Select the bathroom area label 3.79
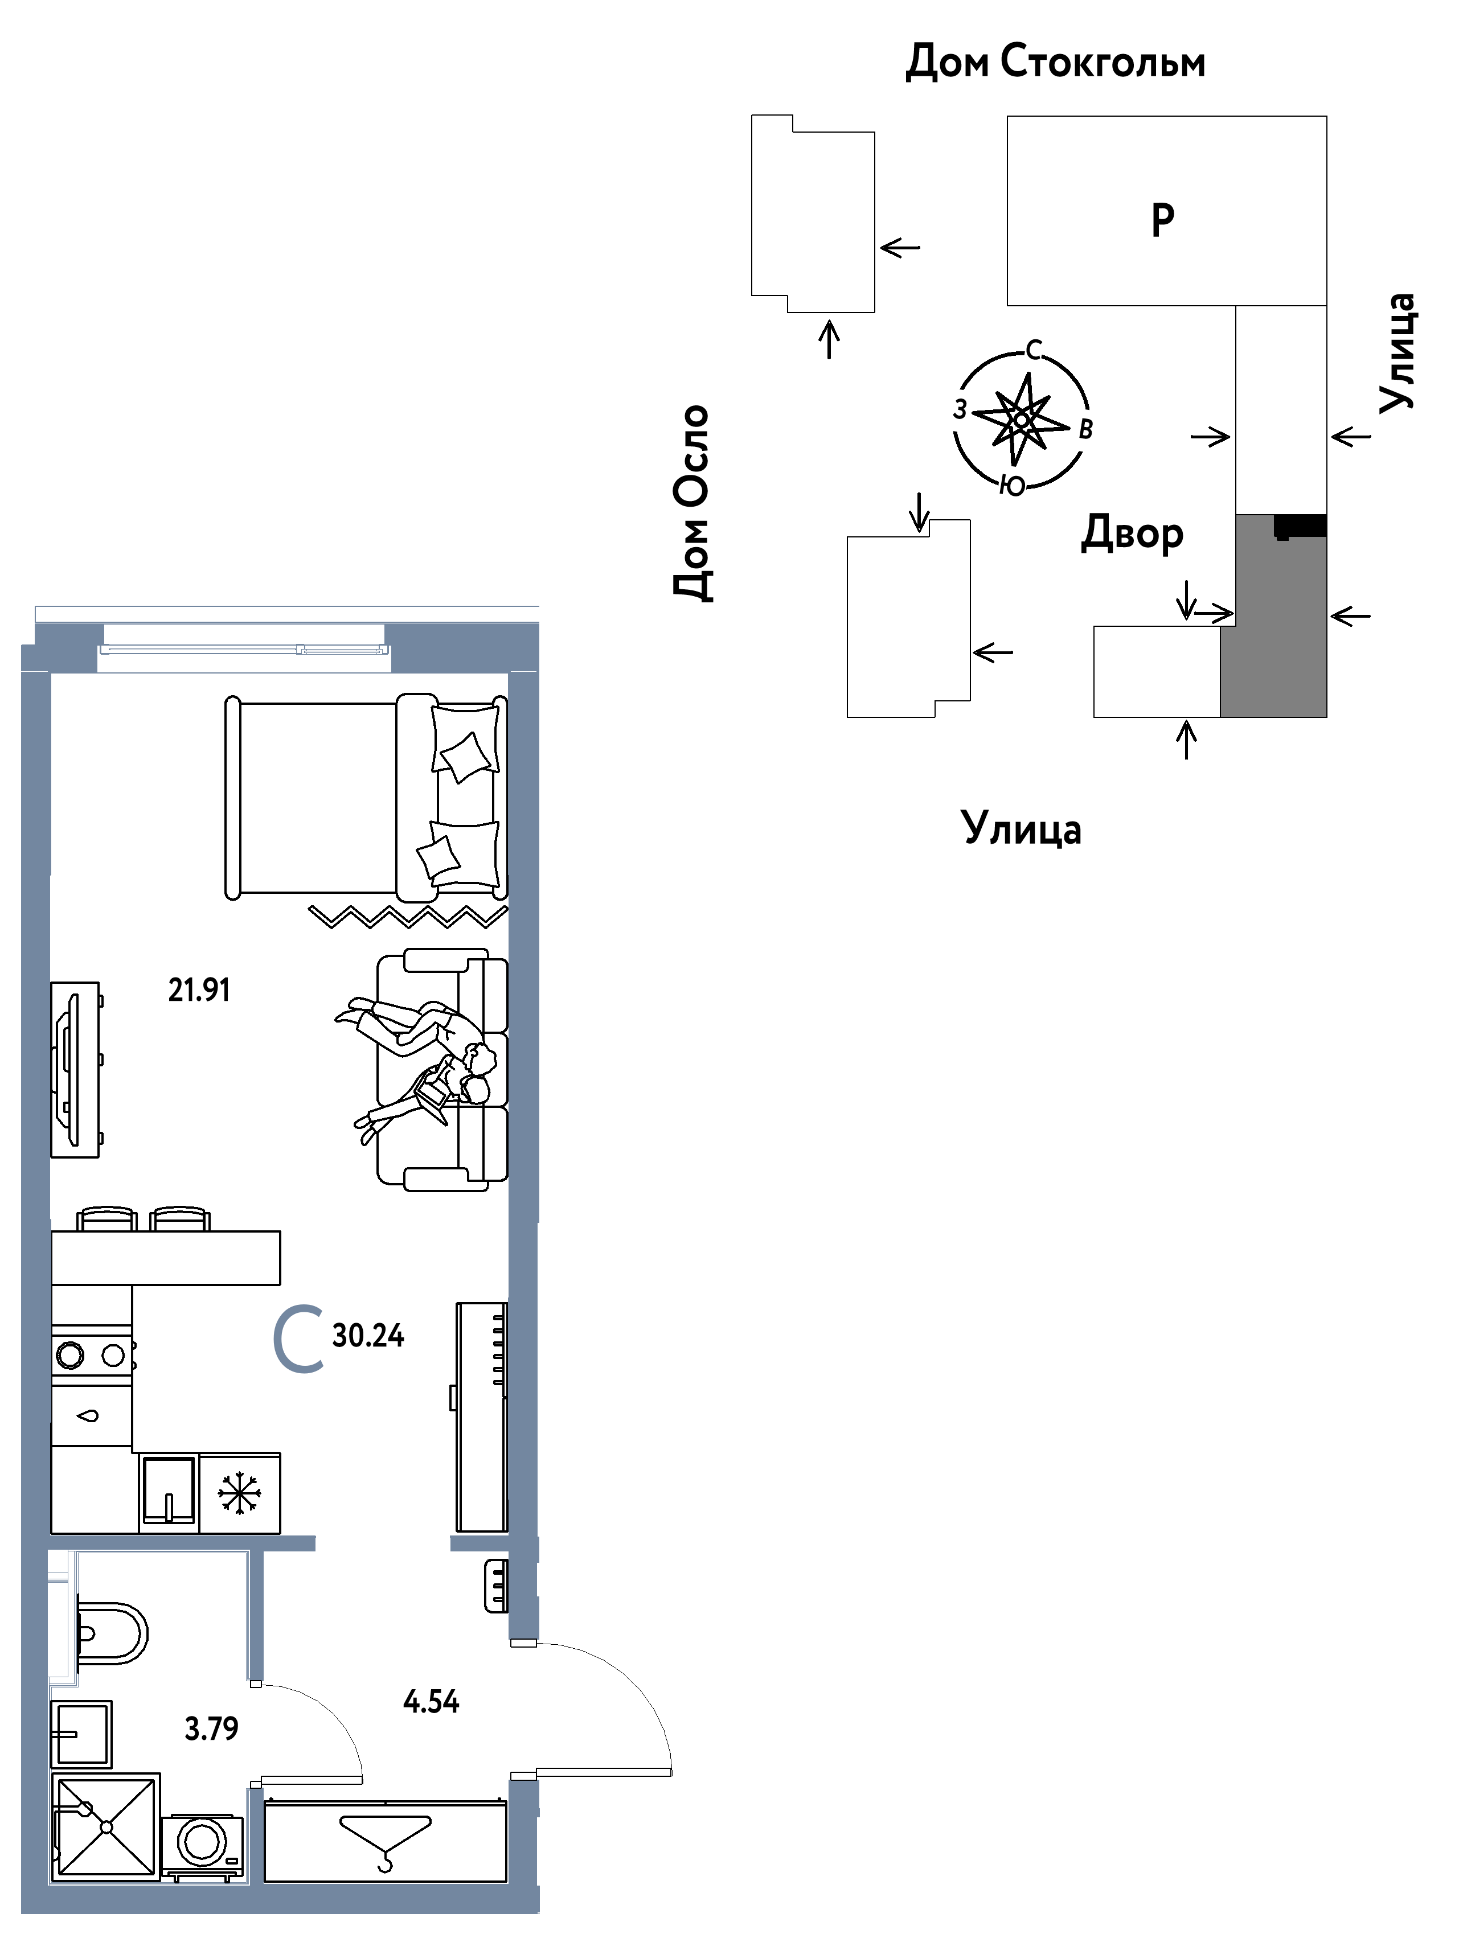click(212, 1728)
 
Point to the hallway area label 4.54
click(431, 1701)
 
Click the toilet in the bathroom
click(111, 1632)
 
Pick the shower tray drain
click(106, 1826)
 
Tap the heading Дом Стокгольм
click(1055, 62)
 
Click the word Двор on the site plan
click(1133, 533)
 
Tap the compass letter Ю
click(1013, 487)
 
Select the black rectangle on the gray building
click(1300, 526)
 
